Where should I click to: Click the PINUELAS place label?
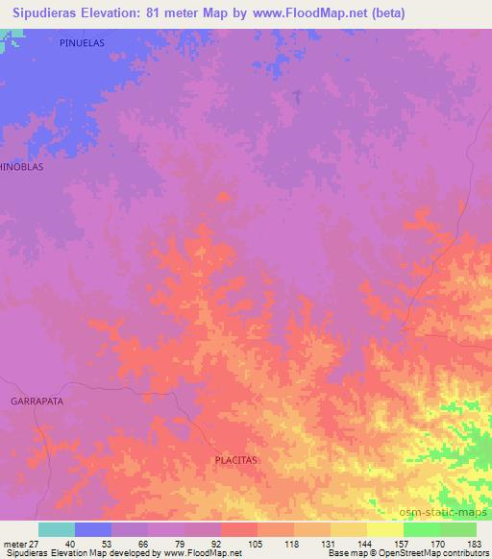[81, 44]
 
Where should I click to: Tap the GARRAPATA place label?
[37, 400]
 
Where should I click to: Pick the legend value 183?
[473, 544]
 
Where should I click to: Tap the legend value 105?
[255, 544]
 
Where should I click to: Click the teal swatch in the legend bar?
[57, 529]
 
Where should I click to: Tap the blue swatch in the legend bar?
[93, 529]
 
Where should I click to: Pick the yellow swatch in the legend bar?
[385, 529]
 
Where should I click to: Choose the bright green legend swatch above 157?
[422, 529]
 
